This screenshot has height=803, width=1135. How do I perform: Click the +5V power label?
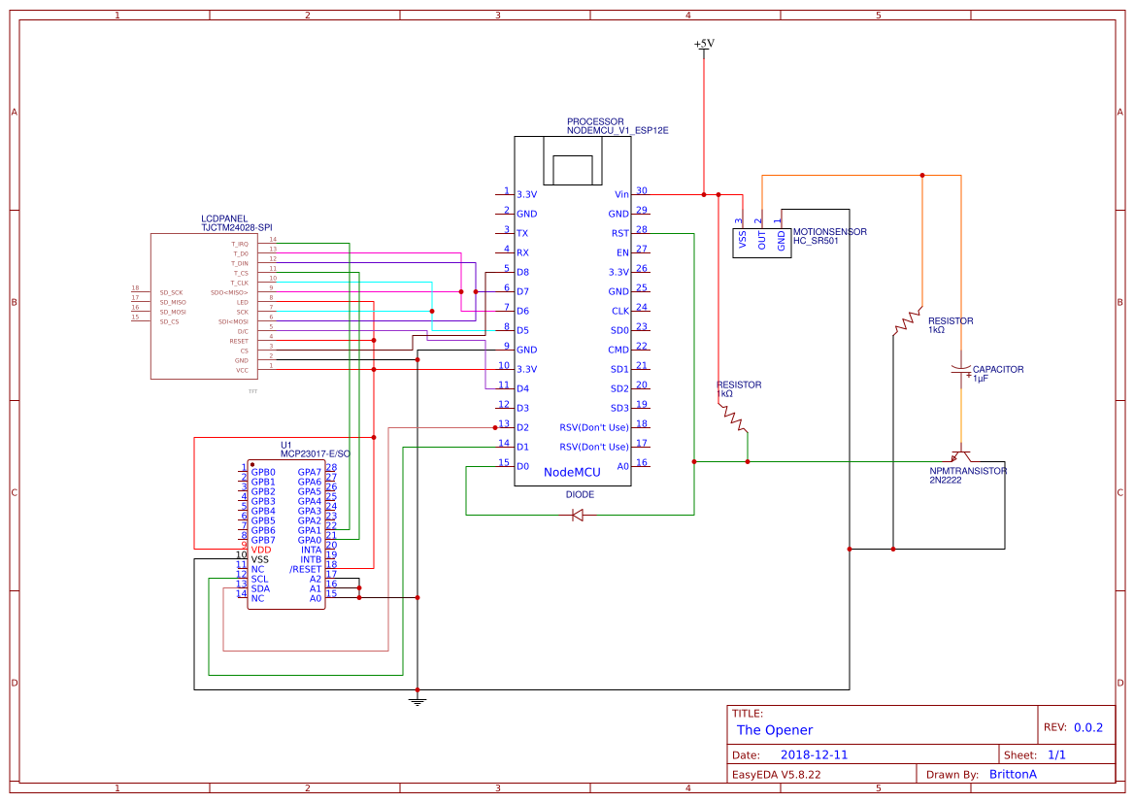pos(704,44)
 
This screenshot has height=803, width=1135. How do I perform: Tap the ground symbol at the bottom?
pos(417,699)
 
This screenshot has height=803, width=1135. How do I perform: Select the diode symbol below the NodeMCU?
pos(579,514)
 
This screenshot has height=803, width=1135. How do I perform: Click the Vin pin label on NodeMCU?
pos(621,194)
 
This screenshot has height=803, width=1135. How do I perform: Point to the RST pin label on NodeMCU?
pos(619,233)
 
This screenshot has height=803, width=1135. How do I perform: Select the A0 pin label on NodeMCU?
pos(622,466)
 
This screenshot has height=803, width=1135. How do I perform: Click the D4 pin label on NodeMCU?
pos(522,388)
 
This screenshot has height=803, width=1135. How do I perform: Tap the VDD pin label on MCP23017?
pos(260,550)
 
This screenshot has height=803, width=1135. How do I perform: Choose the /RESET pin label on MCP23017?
pos(305,569)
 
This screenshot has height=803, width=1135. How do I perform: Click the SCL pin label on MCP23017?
pos(259,579)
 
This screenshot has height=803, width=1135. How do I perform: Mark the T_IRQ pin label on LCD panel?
pos(239,244)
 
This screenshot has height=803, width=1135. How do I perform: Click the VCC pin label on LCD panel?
pos(242,370)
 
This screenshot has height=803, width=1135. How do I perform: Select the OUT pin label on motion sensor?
pos(762,240)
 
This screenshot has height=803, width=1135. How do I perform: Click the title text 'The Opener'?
pos(774,730)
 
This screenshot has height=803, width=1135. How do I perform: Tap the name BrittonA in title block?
pos(1013,774)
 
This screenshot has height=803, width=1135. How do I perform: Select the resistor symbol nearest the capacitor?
pos(909,319)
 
